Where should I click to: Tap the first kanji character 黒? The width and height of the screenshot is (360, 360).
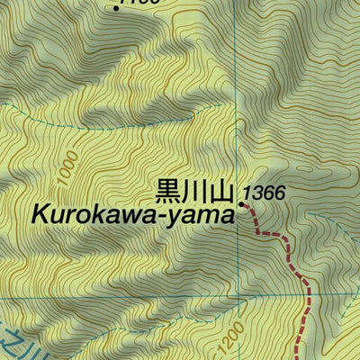pos(169,193)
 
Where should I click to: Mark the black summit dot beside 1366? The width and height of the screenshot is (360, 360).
pos(242,205)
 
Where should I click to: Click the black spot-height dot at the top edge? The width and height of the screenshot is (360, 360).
pos(117,8)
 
